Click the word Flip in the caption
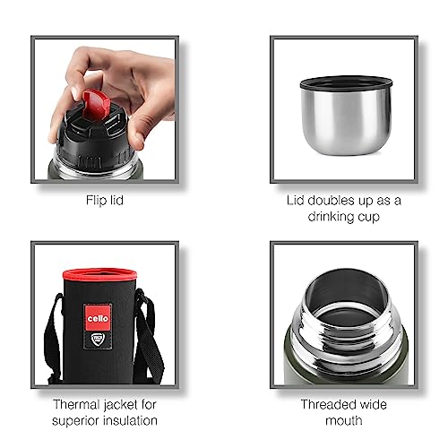(x=95, y=201)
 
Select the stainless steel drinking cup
(x=346, y=116)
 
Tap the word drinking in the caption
(x=330, y=217)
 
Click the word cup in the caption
(x=367, y=218)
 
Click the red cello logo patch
(x=98, y=317)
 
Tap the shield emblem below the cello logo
(x=98, y=340)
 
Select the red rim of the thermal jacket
(x=99, y=273)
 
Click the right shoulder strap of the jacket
(x=150, y=334)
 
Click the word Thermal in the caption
(x=76, y=405)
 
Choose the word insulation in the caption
(x=129, y=421)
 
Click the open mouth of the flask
(x=347, y=293)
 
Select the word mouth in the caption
(x=344, y=421)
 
